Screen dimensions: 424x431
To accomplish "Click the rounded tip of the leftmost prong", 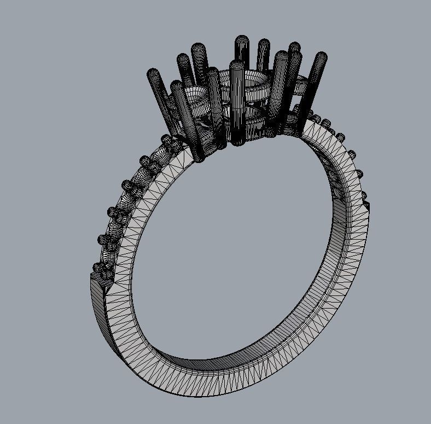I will [x=153, y=73].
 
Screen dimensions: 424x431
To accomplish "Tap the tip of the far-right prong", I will [x=322, y=56].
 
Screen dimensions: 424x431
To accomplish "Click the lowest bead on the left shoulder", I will [x=98, y=268].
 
